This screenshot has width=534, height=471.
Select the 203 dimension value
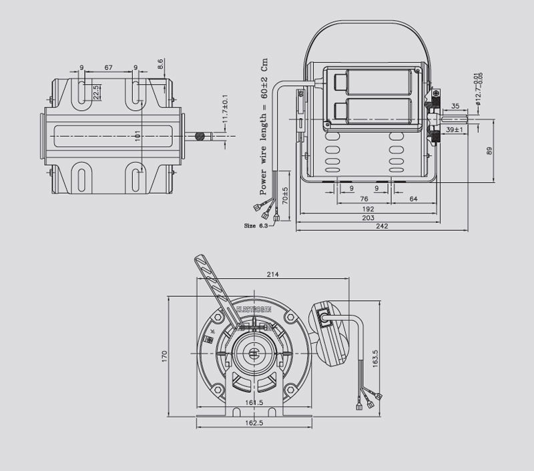click(368, 218)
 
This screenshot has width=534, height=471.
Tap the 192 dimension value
click(368, 209)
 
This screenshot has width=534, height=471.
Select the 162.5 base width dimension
click(252, 423)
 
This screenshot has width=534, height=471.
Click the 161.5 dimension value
click(252, 403)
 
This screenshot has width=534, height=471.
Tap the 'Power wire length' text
click(264, 127)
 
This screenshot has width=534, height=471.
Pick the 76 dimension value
click(364, 199)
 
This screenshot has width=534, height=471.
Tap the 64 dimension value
click(414, 199)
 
